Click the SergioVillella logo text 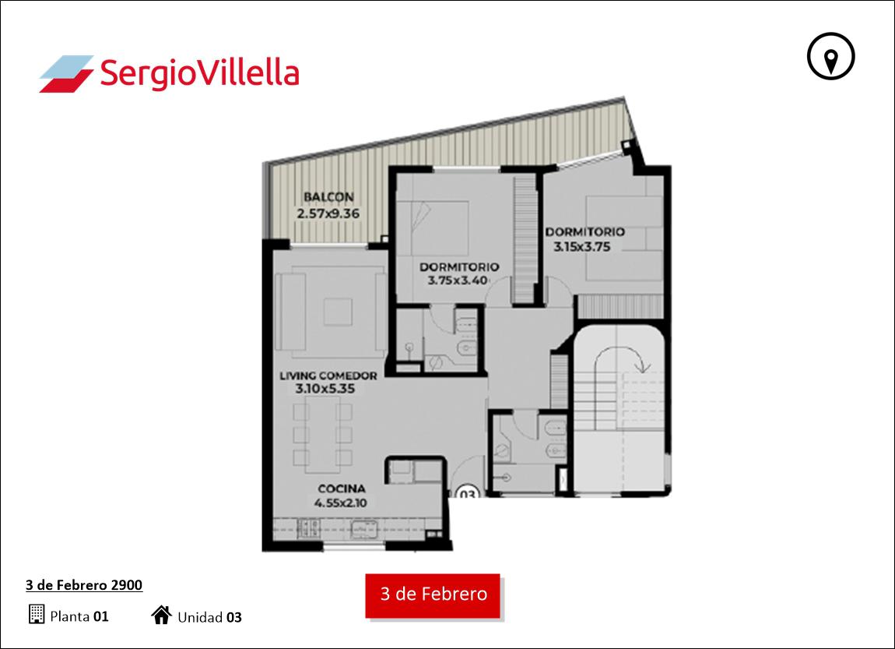pos(199,74)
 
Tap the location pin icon pos(830,56)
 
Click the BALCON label pos(328,197)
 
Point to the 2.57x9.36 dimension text pos(328,213)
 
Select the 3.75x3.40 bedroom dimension pos(458,280)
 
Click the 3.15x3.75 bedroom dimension pos(581,247)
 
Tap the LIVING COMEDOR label pos(328,376)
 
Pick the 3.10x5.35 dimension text pos(325,389)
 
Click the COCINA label pos(342,489)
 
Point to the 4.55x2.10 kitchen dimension pos(341,503)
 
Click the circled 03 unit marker pos(468,492)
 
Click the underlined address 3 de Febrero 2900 pos(84,585)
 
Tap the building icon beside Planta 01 pos(37,614)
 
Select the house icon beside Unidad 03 pos(162,615)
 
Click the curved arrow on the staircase pos(622,357)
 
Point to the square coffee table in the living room pos(338,312)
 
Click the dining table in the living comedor pos(323,435)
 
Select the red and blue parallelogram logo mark pos(66,74)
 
